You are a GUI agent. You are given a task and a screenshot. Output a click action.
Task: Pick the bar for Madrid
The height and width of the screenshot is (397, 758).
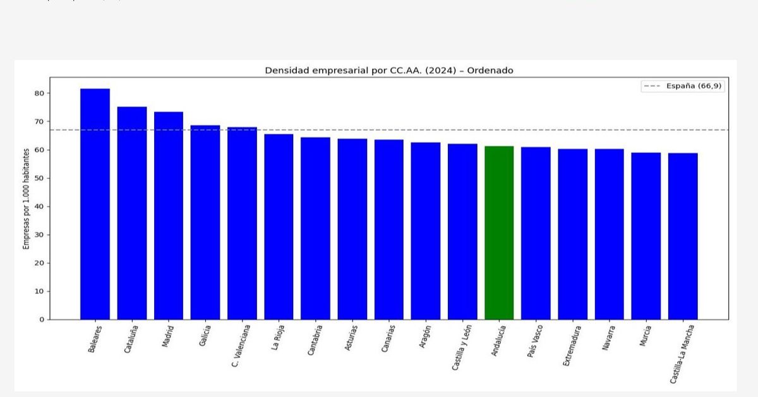(169, 216)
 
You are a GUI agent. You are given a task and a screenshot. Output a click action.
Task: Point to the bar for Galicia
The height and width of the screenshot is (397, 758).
(205, 222)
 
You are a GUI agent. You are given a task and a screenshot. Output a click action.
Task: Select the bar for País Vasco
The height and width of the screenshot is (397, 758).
(536, 233)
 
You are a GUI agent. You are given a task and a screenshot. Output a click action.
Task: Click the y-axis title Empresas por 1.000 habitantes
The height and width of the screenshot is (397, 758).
(27, 199)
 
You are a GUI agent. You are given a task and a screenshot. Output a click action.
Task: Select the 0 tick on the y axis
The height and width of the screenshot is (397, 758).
(42, 320)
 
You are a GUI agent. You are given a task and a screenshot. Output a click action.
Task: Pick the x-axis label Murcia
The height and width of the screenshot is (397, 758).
(645, 338)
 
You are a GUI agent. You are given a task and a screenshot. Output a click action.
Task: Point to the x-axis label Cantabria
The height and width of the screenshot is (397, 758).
(315, 341)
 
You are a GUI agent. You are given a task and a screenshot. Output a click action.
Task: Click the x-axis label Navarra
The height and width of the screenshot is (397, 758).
(608, 339)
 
